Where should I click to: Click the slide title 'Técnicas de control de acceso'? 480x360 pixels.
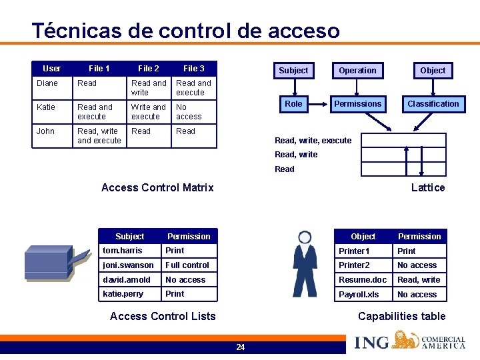(x=185, y=31)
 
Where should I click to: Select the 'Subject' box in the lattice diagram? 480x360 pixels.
(x=293, y=70)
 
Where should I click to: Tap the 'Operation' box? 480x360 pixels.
(x=357, y=70)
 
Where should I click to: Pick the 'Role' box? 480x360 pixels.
(x=293, y=103)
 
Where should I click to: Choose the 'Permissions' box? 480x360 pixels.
(x=358, y=103)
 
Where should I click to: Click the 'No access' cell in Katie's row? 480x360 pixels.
(x=189, y=111)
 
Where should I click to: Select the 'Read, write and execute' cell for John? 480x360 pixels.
(x=99, y=136)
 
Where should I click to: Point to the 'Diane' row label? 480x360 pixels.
(x=47, y=83)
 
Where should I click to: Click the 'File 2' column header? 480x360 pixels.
(x=149, y=68)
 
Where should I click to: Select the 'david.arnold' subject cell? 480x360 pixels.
(x=126, y=279)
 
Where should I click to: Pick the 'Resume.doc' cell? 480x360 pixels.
(x=362, y=279)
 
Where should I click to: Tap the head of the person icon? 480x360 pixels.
(x=305, y=237)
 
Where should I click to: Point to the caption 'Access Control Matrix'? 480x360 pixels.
(x=157, y=187)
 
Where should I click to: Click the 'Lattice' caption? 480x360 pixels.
(x=428, y=187)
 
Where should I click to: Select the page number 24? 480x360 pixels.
(x=240, y=347)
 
